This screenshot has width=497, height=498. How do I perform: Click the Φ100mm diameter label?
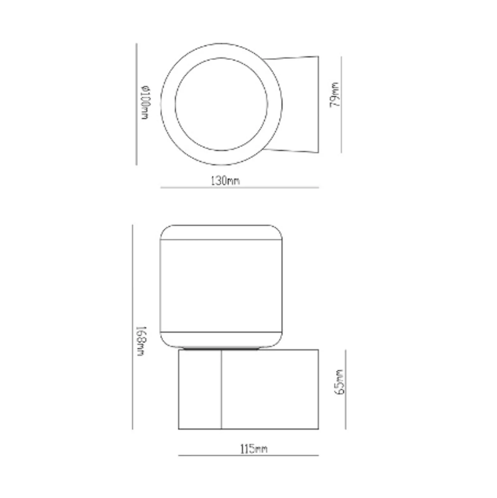(145, 103)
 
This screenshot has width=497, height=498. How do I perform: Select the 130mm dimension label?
(225, 181)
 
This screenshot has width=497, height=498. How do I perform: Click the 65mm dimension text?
(340, 382)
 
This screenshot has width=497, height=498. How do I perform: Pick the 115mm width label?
(254, 449)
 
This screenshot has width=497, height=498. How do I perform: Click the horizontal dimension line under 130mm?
(240, 188)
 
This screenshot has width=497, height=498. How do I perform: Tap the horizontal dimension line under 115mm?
(248, 455)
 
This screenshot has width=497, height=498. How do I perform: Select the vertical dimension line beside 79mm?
(341, 105)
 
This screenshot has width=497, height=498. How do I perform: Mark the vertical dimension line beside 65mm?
(346, 389)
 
